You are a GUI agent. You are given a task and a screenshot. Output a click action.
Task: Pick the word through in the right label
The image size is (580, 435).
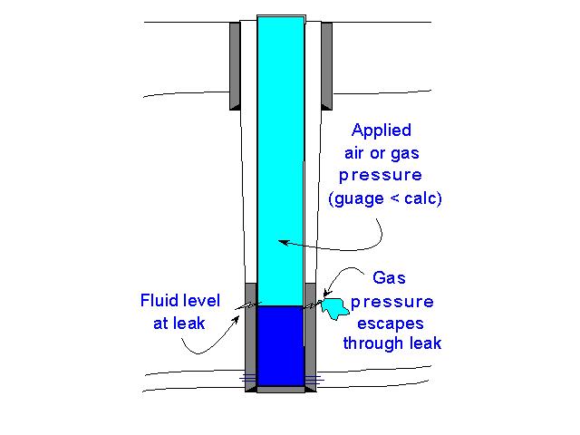point(372,343)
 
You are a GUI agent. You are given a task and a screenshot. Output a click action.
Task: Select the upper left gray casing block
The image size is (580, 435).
point(235,63)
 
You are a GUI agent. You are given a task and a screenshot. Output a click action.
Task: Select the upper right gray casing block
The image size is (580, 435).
point(326,63)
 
